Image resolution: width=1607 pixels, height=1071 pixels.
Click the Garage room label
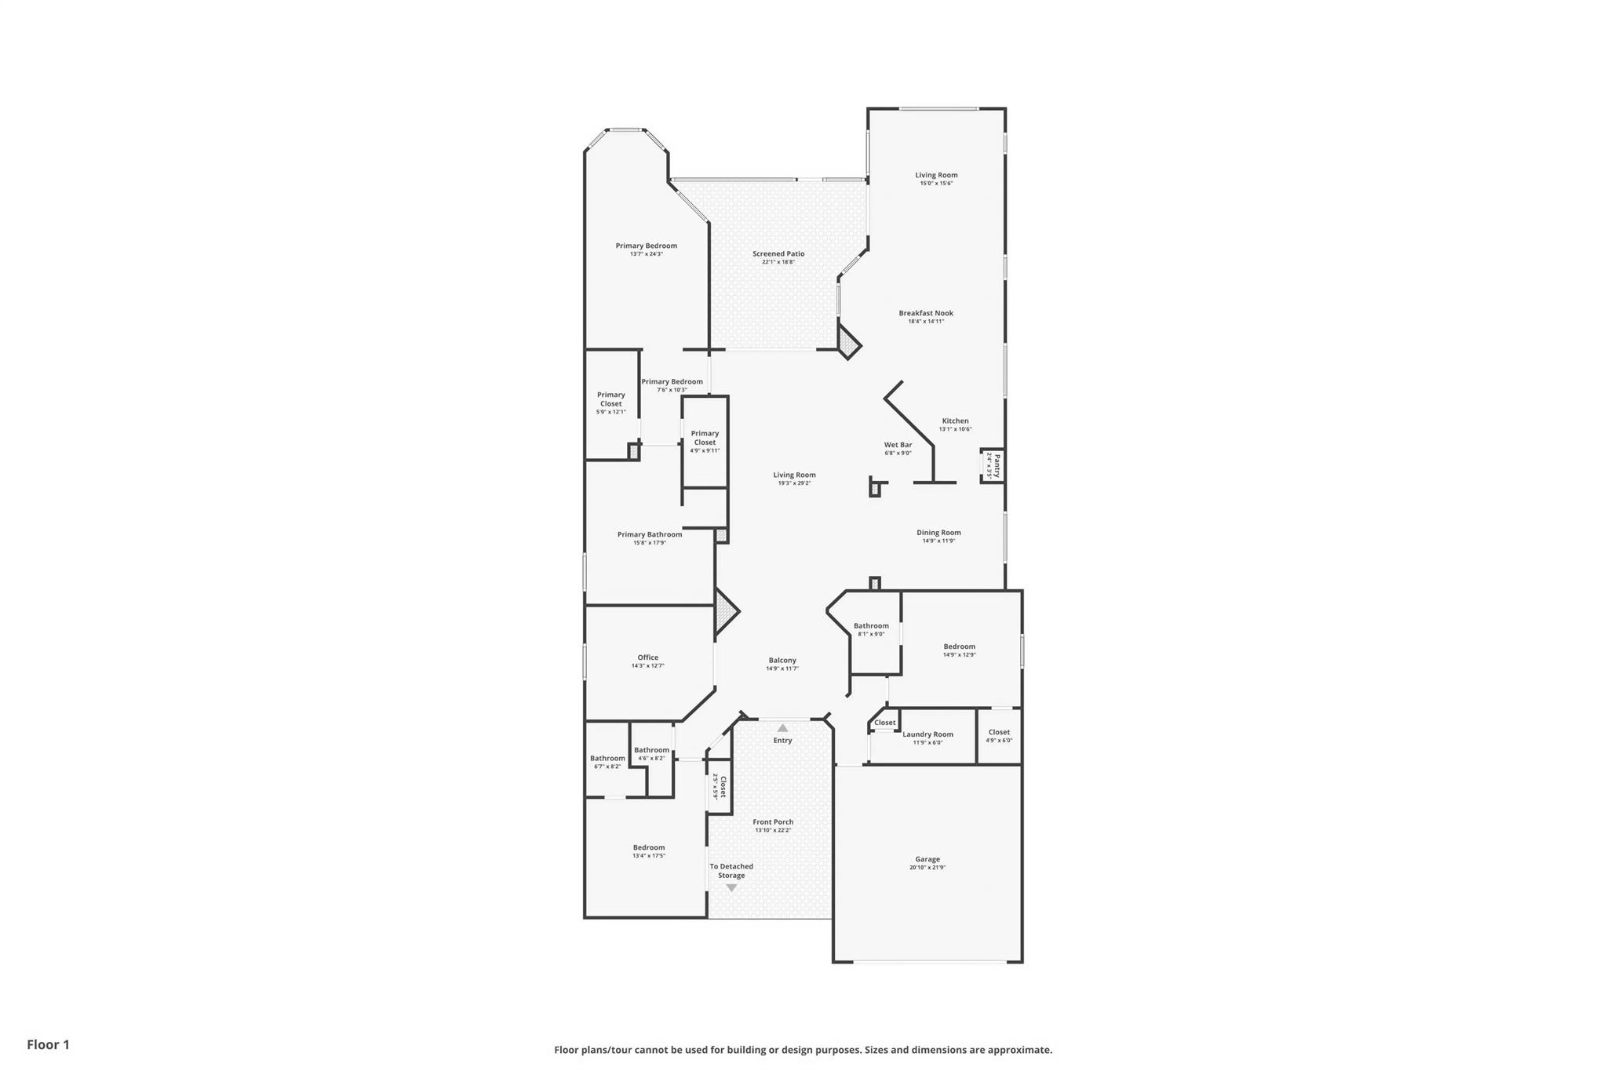[927, 859]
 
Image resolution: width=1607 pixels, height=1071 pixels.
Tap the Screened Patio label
[778, 253]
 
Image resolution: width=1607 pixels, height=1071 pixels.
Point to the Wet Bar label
[898, 445]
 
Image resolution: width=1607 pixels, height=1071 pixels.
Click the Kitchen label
[955, 421]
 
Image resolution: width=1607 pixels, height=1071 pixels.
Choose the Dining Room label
[938, 532]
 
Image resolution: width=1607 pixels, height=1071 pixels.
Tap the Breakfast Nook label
[926, 313]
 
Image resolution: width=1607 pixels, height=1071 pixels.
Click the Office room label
[647, 658]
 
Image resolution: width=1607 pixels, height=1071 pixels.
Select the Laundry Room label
[927, 734]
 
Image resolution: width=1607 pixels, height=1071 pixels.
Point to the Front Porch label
[773, 821]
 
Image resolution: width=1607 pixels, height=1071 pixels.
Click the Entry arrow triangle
[782, 728]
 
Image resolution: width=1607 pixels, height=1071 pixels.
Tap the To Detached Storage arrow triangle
[731, 888]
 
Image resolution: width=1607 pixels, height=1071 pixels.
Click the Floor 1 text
[48, 1044]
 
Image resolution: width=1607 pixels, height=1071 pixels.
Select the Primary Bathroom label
[649, 534]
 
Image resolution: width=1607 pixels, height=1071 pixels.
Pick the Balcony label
[782, 660]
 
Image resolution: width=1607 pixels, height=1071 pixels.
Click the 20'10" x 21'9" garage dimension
[927, 868]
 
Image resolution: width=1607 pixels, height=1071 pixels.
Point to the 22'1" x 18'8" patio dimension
[778, 262]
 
